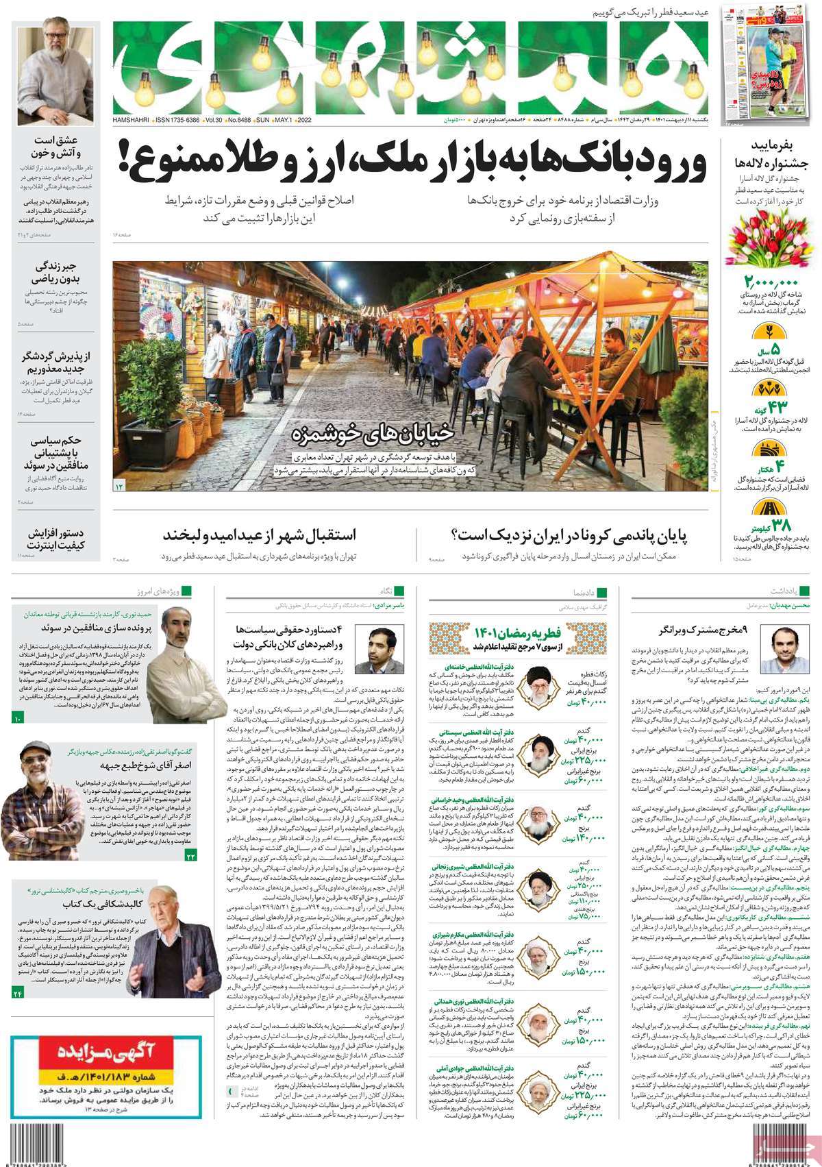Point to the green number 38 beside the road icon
pos(782,526)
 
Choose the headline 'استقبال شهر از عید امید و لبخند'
pos(268,533)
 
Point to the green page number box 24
pos(18,993)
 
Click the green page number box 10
pos(18,718)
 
